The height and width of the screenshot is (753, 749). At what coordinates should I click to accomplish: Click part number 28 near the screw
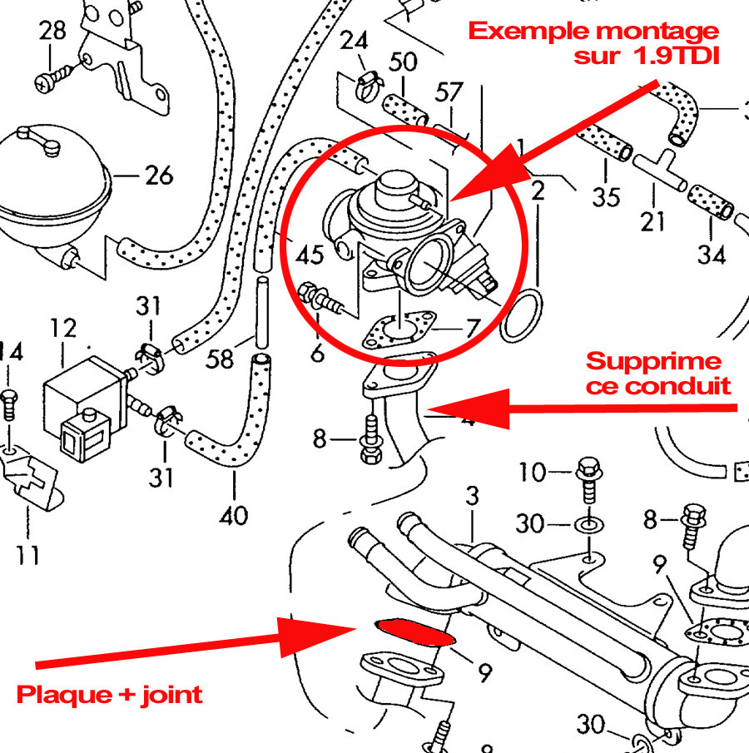point(52,32)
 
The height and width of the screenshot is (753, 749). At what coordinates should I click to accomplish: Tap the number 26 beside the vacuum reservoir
point(158,176)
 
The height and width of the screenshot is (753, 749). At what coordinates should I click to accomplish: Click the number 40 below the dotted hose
point(234,515)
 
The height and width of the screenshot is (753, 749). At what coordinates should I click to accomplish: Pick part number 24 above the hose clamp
point(354,40)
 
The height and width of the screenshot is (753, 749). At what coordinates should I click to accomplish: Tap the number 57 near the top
point(449,92)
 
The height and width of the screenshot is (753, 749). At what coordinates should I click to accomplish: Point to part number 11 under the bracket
point(28,552)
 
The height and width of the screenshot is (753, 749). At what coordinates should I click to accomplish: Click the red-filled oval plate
point(414,632)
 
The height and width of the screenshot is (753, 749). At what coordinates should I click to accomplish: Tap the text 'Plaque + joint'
point(110,693)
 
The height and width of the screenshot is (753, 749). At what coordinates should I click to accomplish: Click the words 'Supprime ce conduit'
point(657,373)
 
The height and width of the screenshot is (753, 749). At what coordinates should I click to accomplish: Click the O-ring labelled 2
point(522,316)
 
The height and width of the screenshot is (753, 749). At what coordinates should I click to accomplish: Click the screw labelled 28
point(46,82)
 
